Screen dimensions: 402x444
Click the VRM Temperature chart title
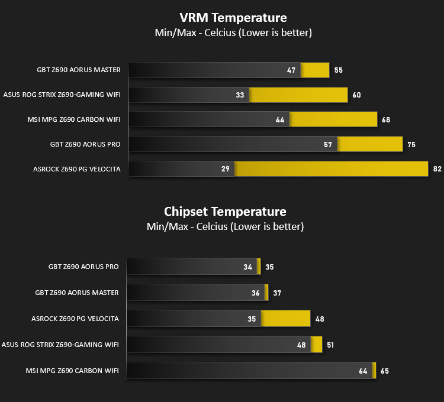(x=233, y=18)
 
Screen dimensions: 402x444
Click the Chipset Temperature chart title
(x=225, y=212)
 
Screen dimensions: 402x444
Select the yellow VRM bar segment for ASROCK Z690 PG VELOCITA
(x=331, y=169)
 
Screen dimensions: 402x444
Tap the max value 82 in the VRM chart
(x=437, y=169)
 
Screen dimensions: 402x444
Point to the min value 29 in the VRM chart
(x=225, y=169)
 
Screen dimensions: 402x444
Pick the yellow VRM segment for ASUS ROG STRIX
(x=298, y=95)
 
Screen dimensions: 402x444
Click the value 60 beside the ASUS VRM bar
(x=356, y=95)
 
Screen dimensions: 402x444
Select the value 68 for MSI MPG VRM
(x=386, y=119)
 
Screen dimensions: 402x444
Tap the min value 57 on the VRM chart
(x=328, y=144)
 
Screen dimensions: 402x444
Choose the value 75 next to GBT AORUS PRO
(x=411, y=144)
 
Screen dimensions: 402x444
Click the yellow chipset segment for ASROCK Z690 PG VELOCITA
(x=286, y=319)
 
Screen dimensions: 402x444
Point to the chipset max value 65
(x=385, y=371)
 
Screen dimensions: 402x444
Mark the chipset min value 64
(x=363, y=371)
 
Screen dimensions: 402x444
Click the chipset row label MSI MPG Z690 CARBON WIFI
(x=72, y=371)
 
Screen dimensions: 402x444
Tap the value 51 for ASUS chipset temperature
(x=330, y=345)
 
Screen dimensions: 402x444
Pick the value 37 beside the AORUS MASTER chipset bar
(x=276, y=293)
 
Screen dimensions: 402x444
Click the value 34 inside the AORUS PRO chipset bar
(x=247, y=267)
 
